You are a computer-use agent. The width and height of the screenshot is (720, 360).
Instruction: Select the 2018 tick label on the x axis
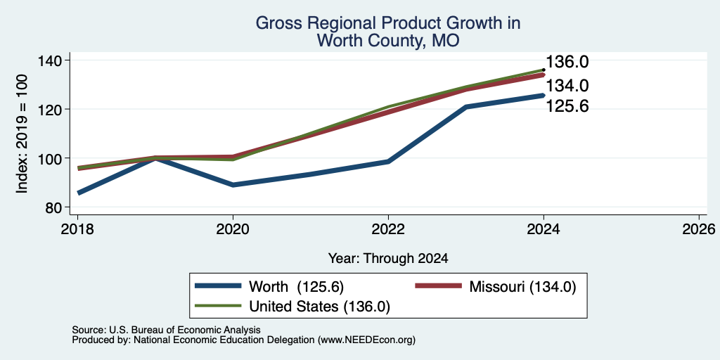click(77, 229)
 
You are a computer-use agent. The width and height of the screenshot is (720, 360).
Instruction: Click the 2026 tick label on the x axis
click(699, 229)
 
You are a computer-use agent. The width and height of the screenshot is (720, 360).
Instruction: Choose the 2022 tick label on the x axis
click(388, 229)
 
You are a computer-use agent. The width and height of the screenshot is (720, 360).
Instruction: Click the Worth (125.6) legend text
click(296, 287)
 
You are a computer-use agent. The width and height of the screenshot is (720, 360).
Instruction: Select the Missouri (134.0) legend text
click(522, 287)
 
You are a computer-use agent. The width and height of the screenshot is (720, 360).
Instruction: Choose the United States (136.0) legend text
click(320, 307)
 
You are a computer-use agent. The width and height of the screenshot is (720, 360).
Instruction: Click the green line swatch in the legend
click(218, 306)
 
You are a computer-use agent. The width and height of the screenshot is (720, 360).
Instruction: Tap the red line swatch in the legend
click(438, 286)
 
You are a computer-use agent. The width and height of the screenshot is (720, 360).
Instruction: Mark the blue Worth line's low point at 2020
click(233, 185)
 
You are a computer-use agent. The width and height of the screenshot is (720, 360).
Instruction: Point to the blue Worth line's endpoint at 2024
click(544, 96)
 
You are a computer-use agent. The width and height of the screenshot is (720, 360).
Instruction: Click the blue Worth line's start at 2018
click(79, 193)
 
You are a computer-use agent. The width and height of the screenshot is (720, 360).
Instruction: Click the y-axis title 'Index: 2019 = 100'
click(22, 134)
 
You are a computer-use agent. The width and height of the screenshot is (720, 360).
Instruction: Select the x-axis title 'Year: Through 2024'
click(388, 259)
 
